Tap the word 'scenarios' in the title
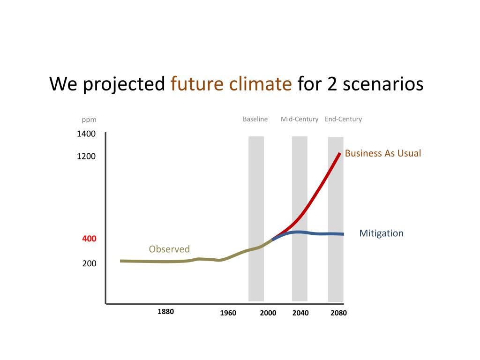coord(383,84)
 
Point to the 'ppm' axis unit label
coord(89,120)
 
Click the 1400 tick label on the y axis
coord(86,134)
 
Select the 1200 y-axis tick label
coord(86,156)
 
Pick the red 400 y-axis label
coord(89,239)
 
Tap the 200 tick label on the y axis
coord(89,263)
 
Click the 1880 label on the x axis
coord(165,312)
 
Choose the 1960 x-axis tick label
coord(228,313)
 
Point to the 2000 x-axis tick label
coord(268,313)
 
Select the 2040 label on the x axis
coord(300,313)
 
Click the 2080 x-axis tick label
coord(338,313)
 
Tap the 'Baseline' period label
coord(255,119)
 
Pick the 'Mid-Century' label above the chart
coord(300,119)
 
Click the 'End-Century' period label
coord(343,119)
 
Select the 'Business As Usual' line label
coord(383,153)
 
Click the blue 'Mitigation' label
coord(381,233)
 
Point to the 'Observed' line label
coord(169,249)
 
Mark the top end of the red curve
coord(340,153)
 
